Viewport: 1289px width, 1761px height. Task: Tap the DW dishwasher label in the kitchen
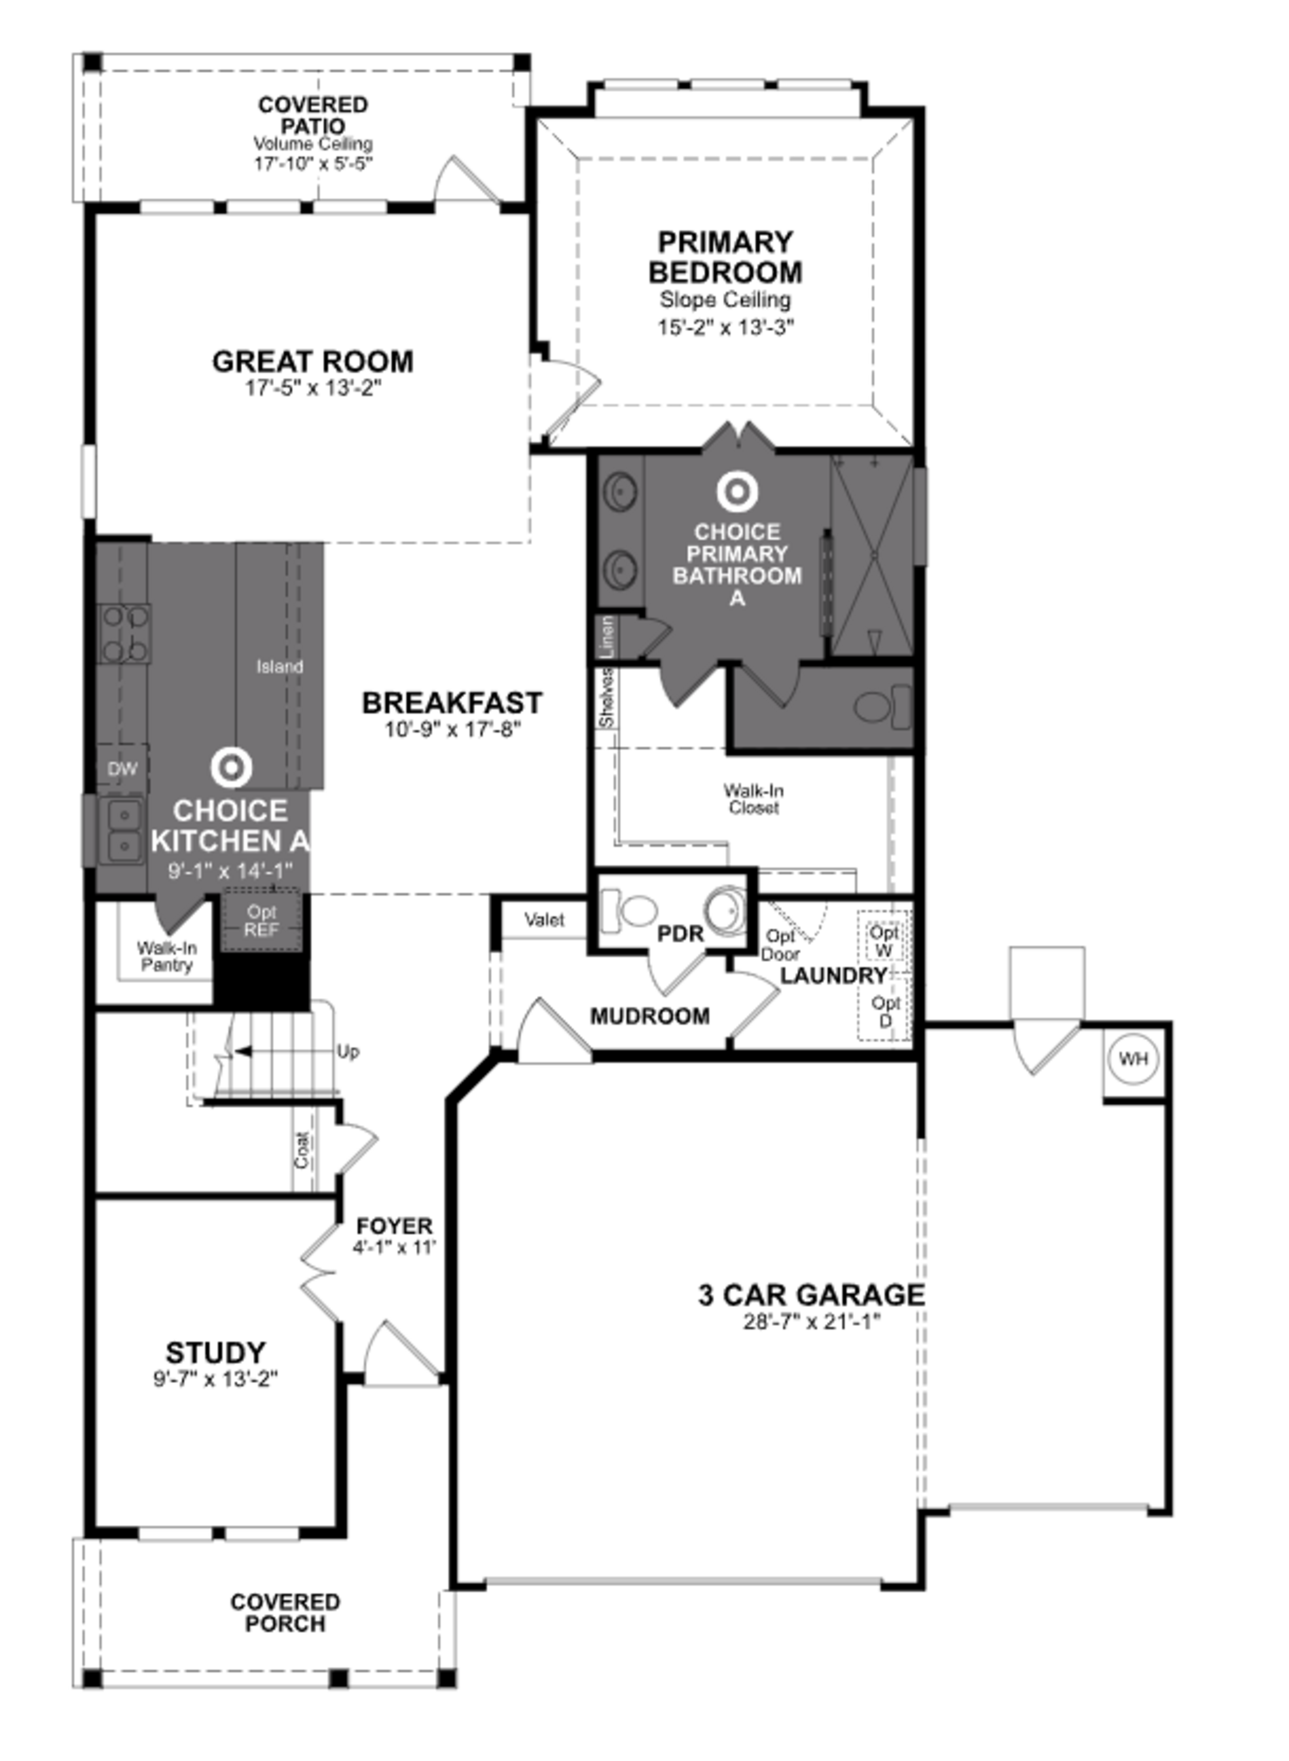[x=123, y=768]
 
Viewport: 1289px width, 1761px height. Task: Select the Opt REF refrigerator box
[x=261, y=921]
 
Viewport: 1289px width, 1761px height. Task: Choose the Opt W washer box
[x=884, y=941]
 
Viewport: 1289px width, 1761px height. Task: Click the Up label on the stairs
[x=348, y=1052]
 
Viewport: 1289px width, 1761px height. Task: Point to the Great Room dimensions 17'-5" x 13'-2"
[x=313, y=388]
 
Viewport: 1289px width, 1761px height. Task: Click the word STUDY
[x=216, y=1352]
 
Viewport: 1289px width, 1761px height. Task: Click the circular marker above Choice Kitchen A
[x=231, y=768]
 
